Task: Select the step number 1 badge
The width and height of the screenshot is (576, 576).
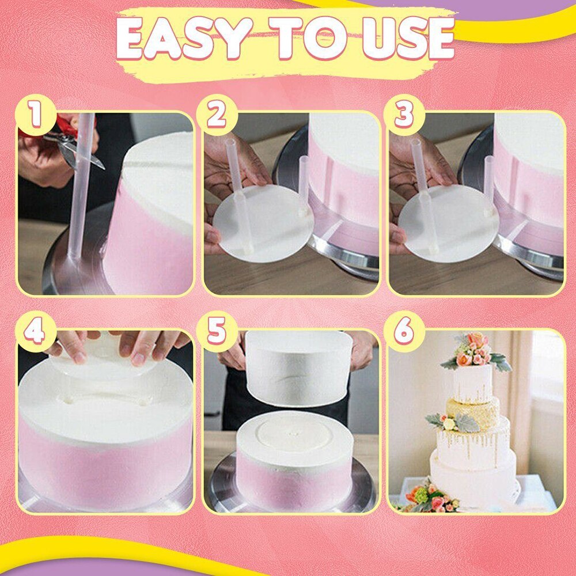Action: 36,115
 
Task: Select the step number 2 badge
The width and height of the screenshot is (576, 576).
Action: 217,115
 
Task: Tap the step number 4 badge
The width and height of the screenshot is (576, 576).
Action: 36,332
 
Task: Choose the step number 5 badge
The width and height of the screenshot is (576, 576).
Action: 217,332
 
